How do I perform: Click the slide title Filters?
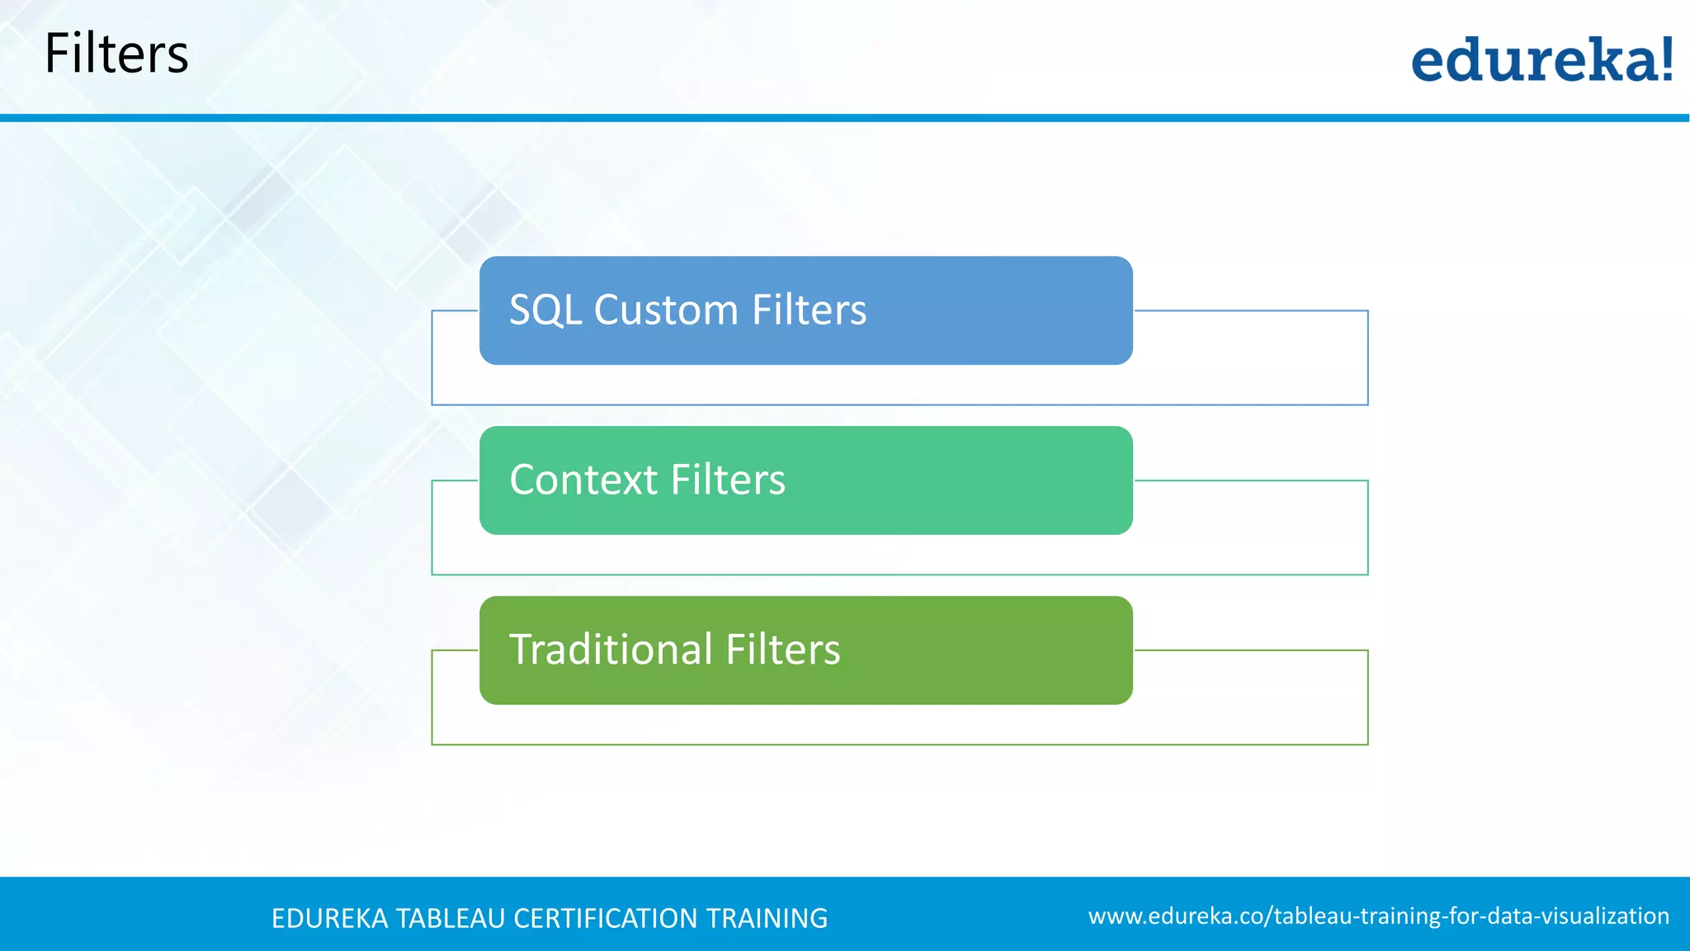(x=116, y=54)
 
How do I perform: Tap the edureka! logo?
(x=1541, y=59)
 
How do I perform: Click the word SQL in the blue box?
(x=545, y=310)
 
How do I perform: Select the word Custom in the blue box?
(x=666, y=310)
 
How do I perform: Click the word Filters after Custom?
(x=809, y=310)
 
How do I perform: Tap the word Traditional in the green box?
(x=611, y=650)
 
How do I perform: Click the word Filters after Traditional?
(x=782, y=650)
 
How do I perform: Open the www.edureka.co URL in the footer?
(x=1378, y=916)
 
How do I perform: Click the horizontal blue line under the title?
(x=845, y=118)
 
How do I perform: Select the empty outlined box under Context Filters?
(x=899, y=555)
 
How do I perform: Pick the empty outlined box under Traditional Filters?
(x=899, y=725)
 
